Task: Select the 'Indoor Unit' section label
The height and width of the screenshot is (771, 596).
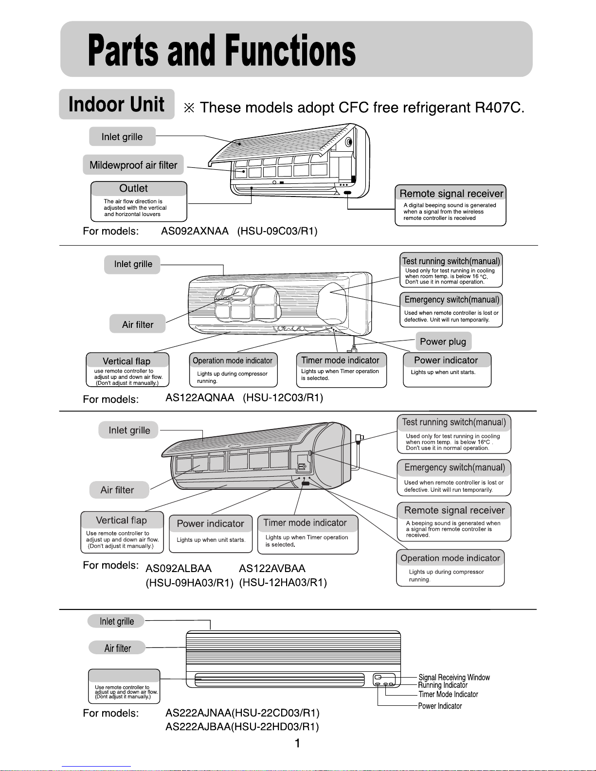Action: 116,104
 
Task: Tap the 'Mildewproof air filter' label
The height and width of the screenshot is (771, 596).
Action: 133,165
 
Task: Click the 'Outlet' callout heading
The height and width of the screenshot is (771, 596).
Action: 133,188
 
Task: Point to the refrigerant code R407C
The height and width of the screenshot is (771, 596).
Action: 500,107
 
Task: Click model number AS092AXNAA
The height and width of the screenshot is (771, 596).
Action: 195,231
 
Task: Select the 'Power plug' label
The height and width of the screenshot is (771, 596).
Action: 443,341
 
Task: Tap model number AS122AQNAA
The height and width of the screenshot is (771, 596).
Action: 200,397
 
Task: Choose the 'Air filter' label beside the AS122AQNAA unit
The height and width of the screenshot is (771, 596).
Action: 138,324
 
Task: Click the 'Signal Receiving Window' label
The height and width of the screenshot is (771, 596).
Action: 454,677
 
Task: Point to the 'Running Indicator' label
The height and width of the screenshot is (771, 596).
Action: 443,685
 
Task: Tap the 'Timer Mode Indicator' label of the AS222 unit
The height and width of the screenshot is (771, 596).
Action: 449,694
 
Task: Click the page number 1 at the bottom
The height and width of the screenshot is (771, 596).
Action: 298,743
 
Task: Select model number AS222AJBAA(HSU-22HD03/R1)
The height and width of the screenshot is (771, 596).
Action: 242,727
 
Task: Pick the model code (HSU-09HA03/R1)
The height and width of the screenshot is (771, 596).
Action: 189,583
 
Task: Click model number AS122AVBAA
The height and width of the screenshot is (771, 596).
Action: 272,569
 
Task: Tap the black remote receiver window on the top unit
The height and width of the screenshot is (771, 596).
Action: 348,193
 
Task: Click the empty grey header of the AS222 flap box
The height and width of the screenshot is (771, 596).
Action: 124,675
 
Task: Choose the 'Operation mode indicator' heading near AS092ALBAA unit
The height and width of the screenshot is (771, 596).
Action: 450,558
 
